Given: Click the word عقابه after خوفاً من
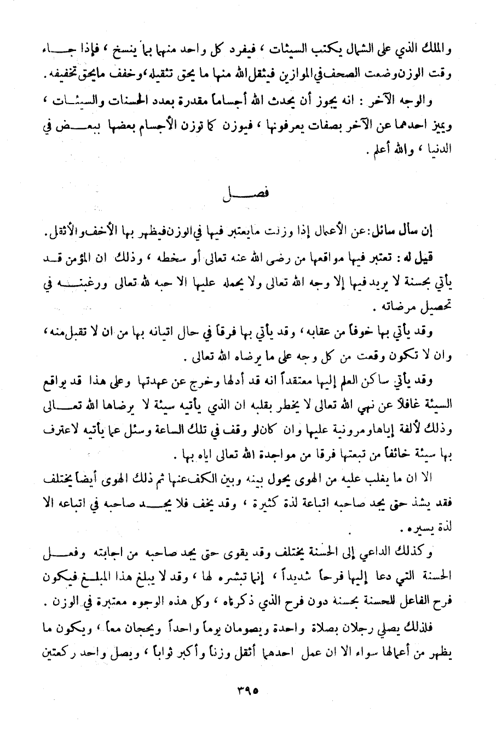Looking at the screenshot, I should [351, 331].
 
